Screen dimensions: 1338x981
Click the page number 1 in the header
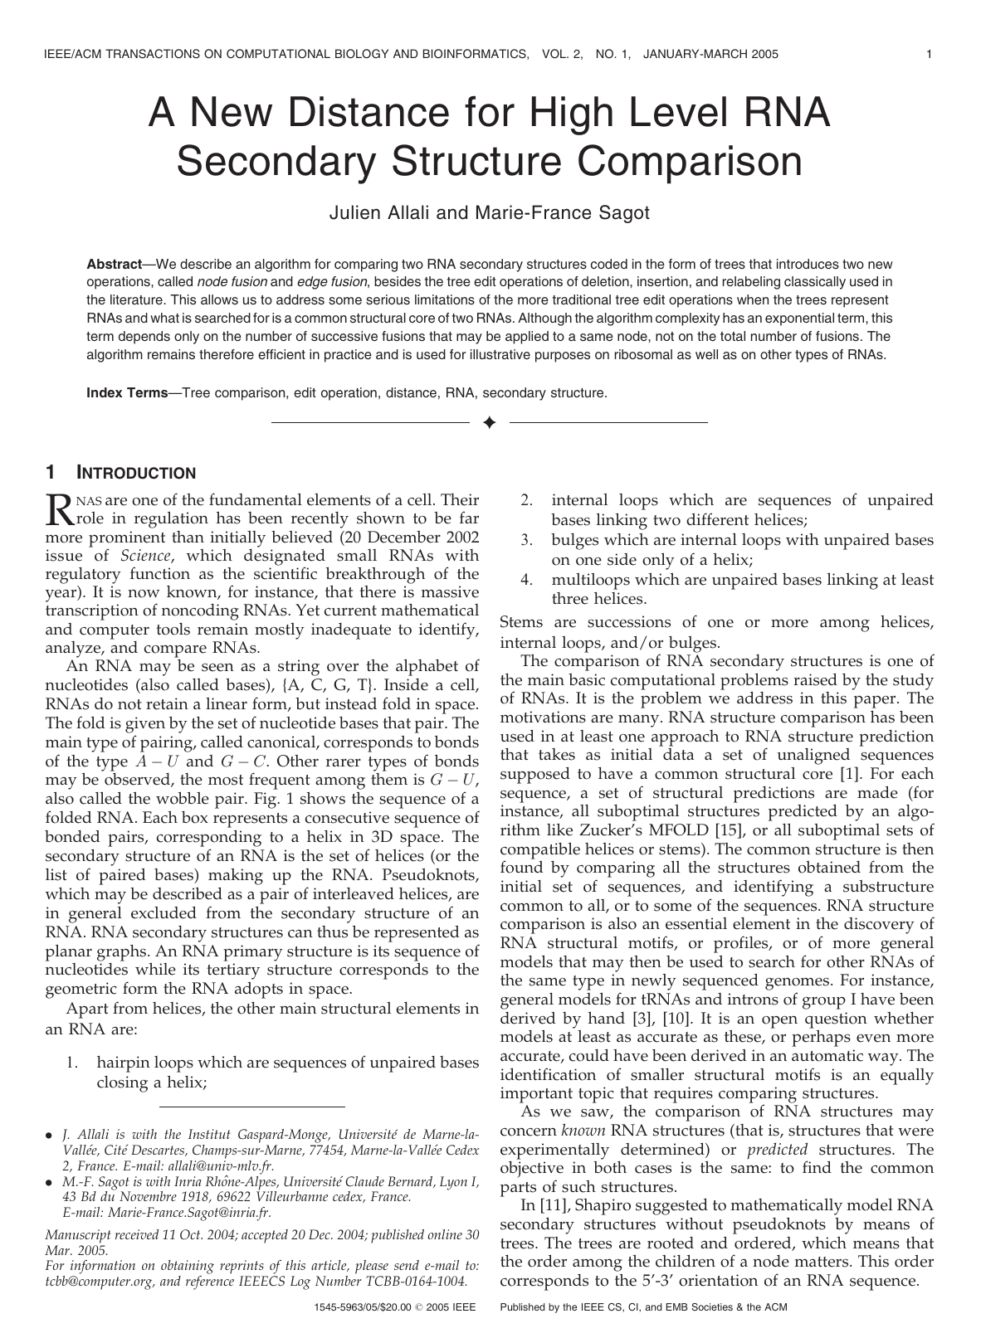(x=929, y=55)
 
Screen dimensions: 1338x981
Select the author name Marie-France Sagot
(x=562, y=212)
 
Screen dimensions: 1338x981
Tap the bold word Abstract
(x=114, y=264)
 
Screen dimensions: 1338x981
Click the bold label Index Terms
(x=127, y=393)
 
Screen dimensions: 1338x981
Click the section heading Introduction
(x=136, y=474)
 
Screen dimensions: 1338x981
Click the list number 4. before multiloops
(x=526, y=580)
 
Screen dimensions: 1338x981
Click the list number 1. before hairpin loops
(x=72, y=1063)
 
